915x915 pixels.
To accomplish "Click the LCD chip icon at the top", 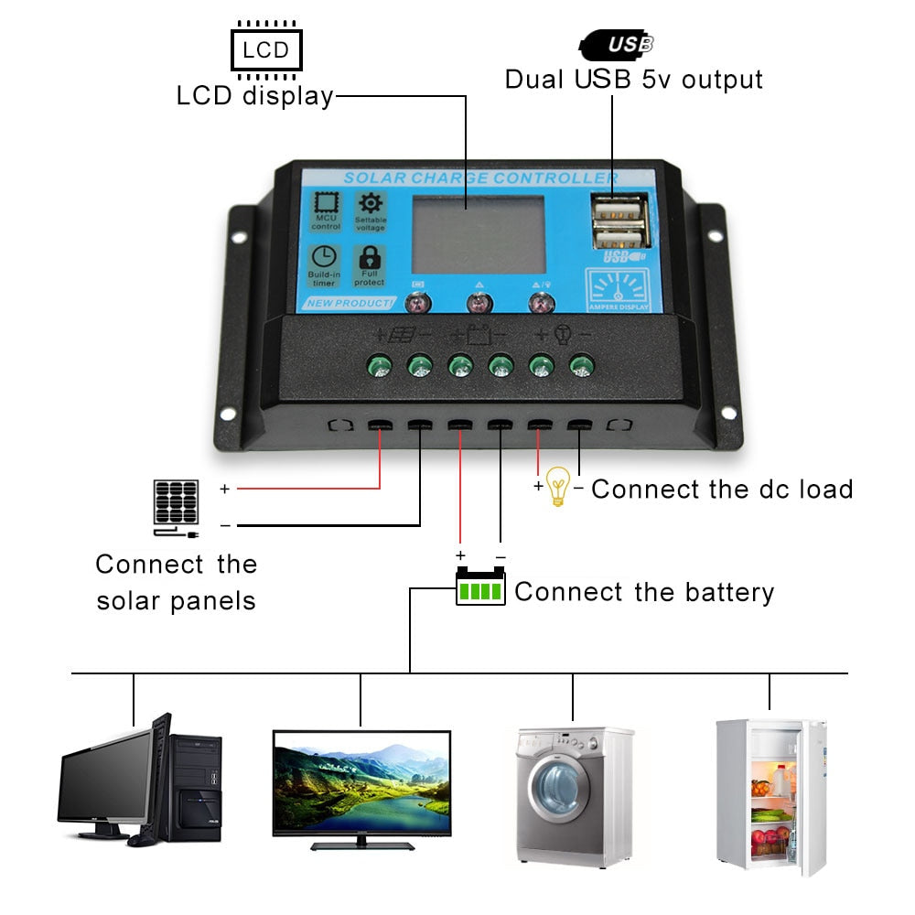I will (265, 48).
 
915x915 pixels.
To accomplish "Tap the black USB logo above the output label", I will (618, 43).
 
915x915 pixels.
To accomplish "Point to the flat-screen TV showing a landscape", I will (361, 782).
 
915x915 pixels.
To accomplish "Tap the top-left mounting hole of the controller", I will (240, 236).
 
